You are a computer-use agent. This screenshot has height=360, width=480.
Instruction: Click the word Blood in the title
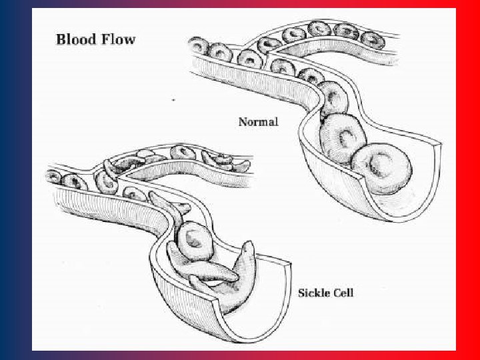coord(76,38)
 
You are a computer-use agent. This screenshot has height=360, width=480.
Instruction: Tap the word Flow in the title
coord(117,38)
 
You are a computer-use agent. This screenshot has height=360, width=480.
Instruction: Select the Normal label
coord(259,122)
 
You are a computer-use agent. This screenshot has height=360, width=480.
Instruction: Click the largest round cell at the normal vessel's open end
coord(378,168)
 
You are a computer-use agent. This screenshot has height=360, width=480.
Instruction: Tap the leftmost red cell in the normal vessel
coord(199,47)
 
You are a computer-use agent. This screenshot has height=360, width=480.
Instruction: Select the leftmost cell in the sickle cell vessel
coord(53,177)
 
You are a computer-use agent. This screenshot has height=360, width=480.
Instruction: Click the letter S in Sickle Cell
coord(301,293)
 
